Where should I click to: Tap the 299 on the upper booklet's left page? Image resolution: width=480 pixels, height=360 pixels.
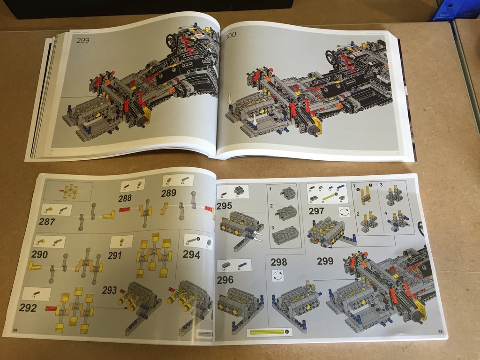click(83, 40)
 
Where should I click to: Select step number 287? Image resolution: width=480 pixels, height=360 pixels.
click(47, 221)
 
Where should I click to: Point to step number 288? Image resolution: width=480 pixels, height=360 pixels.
click(125, 198)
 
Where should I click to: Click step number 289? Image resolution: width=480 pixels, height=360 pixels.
click(169, 194)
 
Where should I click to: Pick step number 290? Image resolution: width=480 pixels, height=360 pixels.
click(39, 255)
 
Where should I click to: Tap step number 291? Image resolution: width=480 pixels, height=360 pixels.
click(114, 255)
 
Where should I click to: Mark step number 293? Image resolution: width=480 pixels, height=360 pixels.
click(109, 290)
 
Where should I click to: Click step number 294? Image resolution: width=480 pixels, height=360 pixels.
click(191, 255)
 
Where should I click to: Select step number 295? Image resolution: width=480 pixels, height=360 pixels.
click(224, 205)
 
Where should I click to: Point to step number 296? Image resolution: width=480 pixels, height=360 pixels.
click(225, 280)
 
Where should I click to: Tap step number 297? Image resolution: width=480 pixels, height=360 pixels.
click(316, 211)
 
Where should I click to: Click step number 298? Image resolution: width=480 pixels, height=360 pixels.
click(279, 262)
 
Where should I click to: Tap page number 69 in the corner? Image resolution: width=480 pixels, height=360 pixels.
click(440, 332)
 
